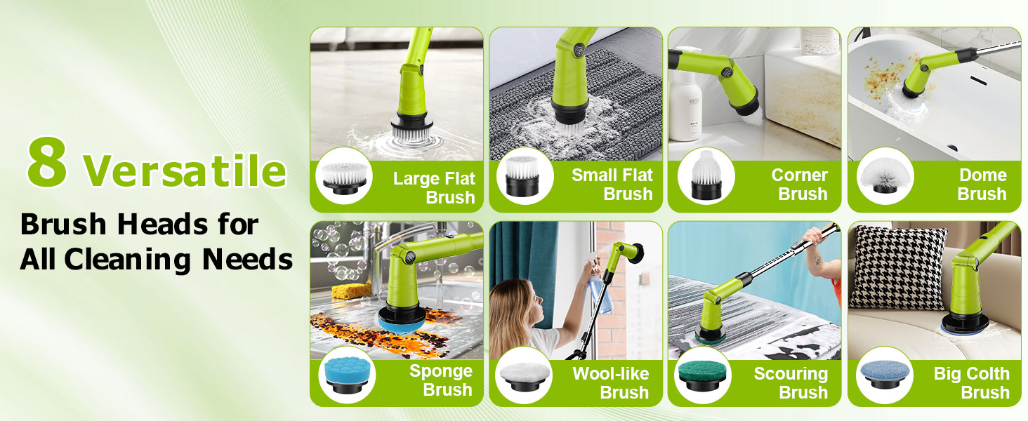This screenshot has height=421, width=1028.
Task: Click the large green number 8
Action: (48, 163)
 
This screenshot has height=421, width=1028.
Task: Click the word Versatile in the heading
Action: (185, 171)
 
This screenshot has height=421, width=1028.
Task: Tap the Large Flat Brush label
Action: (434, 187)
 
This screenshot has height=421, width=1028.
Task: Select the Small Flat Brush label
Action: (612, 185)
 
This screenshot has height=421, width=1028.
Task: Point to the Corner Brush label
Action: (799, 185)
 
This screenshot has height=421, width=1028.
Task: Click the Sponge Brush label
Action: (441, 380)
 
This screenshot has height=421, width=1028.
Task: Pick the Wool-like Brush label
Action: (611, 383)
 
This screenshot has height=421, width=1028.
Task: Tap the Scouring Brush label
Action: (791, 383)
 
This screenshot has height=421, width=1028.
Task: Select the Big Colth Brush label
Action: (971, 383)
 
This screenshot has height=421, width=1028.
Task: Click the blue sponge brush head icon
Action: (345, 374)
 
